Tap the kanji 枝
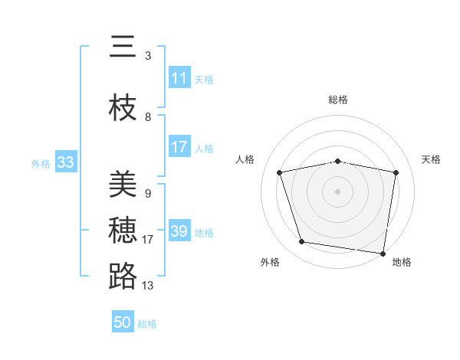pos(123,108)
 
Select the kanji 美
pos(123,184)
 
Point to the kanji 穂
pos(123,231)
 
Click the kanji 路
pos(123,277)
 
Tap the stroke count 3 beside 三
pos(147,56)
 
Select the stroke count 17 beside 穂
pos(149,240)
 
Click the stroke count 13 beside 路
pos(149,286)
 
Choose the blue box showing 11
pos(179,78)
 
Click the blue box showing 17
pos(179,148)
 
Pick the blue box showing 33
pos(65,162)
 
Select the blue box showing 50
pos(123,322)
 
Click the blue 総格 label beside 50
pos(147,324)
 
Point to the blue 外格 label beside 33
pos(41,163)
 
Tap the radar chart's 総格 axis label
pos(337,100)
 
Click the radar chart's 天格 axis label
pos(432,159)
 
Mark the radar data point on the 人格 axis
pos(280,172)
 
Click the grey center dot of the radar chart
pos(337,191)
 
